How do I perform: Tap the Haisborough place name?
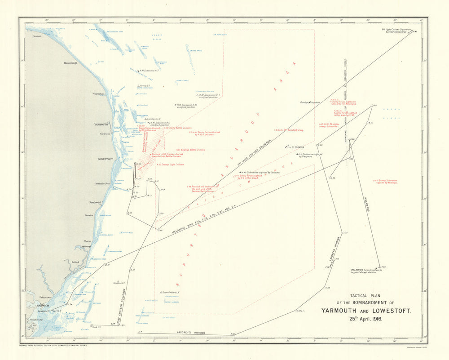[x=70, y=63]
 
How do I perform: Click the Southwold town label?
[x=95, y=202]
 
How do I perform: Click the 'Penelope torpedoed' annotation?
[x=310, y=102]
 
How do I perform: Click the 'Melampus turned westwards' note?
[x=367, y=271]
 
